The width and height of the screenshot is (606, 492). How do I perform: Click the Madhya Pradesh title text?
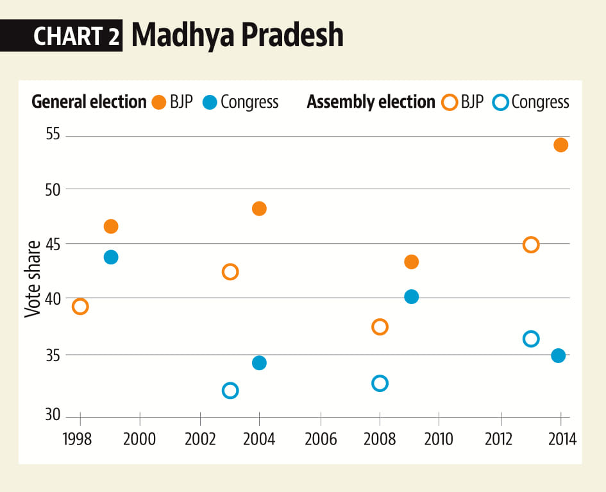pyautogui.click(x=237, y=36)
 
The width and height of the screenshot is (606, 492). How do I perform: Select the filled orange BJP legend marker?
pyautogui.click(x=159, y=102)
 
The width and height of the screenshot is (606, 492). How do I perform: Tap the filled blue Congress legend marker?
pyautogui.click(x=209, y=102)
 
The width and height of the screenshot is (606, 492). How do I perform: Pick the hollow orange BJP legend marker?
pyautogui.click(x=450, y=102)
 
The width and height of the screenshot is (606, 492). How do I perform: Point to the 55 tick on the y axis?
pyautogui.click(x=52, y=135)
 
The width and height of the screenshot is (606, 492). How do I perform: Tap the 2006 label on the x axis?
pyautogui.click(x=319, y=439)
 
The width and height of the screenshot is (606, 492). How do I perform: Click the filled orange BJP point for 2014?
pyautogui.click(x=560, y=145)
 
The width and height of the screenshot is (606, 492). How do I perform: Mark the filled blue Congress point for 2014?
pyautogui.click(x=559, y=355)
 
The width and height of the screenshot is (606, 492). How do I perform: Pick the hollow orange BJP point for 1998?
pyautogui.click(x=80, y=307)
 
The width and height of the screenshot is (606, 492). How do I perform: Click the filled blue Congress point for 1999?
pyautogui.click(x=111, y=257)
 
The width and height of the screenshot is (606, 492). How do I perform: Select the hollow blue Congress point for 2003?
pyautogui.click(x=230, y=391)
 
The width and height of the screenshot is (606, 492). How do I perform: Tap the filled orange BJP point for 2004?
pyautogui.click(x=259, y=208)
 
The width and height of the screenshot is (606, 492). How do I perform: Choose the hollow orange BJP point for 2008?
pyautogui.click(x=380, y=327)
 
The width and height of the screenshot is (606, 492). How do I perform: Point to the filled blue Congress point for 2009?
pyautogui.click(x=412, y=296)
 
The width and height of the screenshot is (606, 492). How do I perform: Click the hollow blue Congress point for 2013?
pyautogui.click(x=530, y=339)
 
